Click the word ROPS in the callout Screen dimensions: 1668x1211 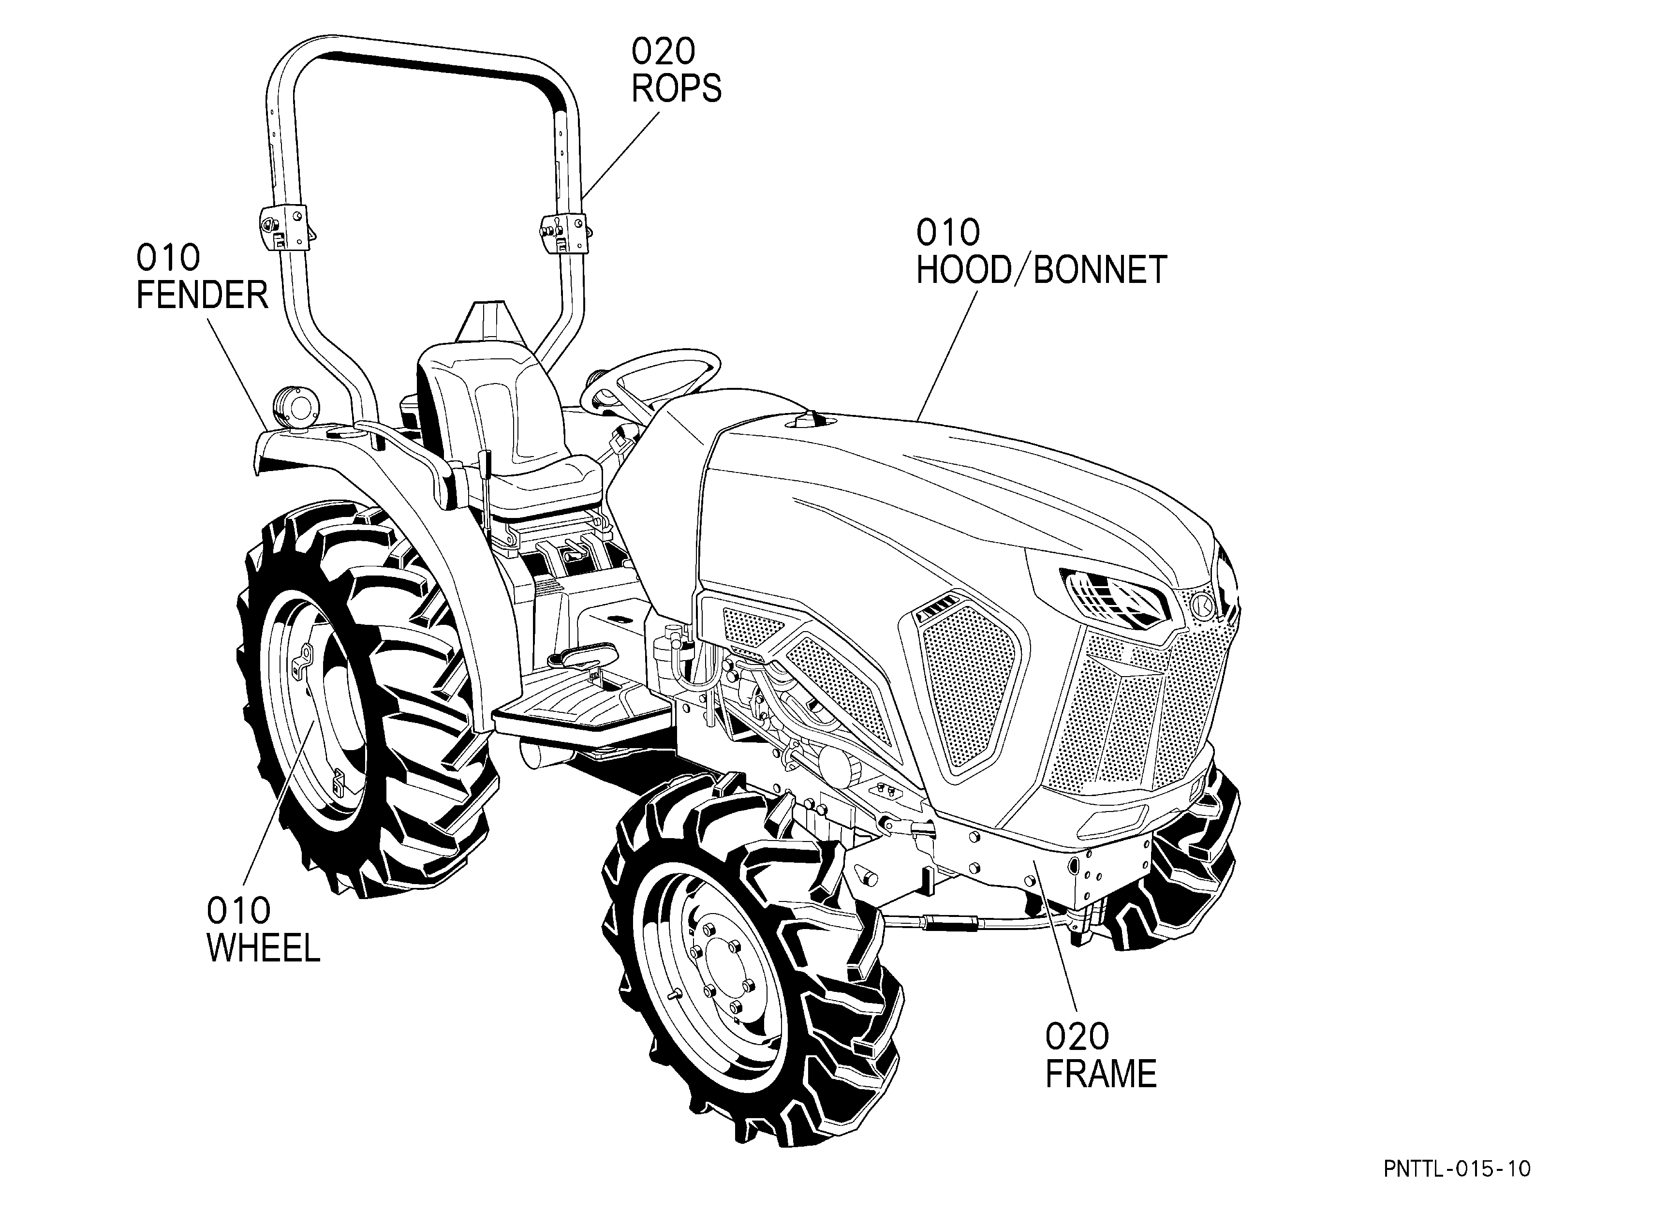(x=677, y=89)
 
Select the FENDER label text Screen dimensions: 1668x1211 (x=202, y=295)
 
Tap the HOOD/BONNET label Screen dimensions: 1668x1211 (x=1041, y=270)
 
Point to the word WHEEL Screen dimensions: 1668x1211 (x=263, y=948)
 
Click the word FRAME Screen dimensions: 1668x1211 (x=1101, y=1074)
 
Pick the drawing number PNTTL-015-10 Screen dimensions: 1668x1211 (x=1457, y=1169)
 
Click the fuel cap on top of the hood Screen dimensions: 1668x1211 (x=811, y=420)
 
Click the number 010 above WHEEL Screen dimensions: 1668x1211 (x=238, y=911)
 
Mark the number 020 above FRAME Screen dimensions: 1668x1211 (x=1078, y=1037)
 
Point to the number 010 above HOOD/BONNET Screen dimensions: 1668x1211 (x=948, y=233)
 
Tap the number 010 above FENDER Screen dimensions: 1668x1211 (x=168, y=258)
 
